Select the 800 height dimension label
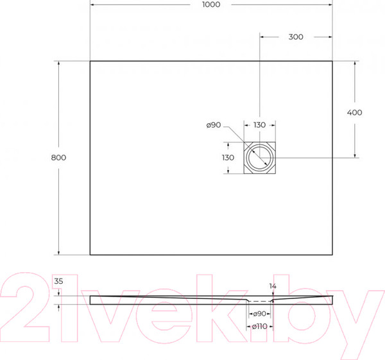pyautogui.click(x=58, y=157)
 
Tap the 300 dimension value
pyautogui.click(x=295, y=37)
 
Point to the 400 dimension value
pyautogui.click(x=354, y=112)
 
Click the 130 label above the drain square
pyautogui.click(x=259, y=125)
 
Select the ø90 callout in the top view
pyautogui.click(x=214, y=125)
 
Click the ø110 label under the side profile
pyautogui.click(x=259, y=327)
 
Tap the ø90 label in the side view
pyautogui.click(x=259, y=313)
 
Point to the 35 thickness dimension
pyautogui.click(x=59, y=281)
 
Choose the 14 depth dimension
pyautogui.click(x=273, y=286)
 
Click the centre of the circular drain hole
pyautogui.click(x=260, y=158)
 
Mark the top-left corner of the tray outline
pyautogui.click(x=90, y=61)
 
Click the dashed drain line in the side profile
pyautogui.click(x=260, y=301)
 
